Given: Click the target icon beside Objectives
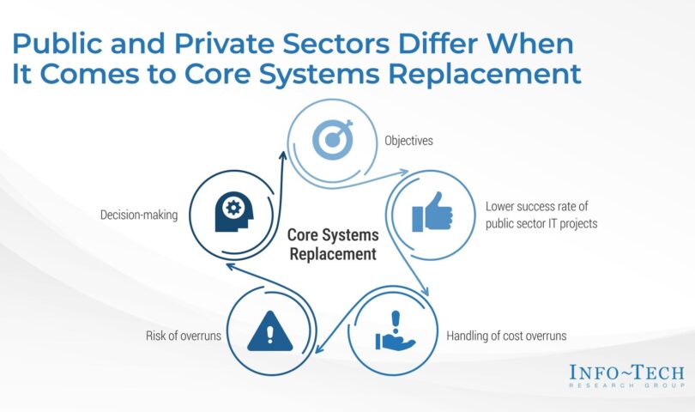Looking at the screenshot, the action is pos(332,139).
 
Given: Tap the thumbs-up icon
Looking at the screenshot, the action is pos(432,212).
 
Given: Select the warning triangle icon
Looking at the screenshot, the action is pos(270,330).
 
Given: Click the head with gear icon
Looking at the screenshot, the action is pos(234,211).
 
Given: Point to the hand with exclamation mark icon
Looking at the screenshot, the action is pos(395,330).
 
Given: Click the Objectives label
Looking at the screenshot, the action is pos(408,141).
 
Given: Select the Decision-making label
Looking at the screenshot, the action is pos(139,215).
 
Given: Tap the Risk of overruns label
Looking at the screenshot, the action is pos(184,336).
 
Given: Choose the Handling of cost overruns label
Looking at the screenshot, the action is pos(506,336).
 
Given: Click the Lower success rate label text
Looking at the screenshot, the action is pos(541,215).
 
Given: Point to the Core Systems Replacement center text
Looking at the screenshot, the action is pos(333,245).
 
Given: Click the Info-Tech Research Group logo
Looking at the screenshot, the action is pos(626,376).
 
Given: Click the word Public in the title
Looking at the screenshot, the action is pos(57,44).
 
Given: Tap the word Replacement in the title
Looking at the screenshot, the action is pos(485,74).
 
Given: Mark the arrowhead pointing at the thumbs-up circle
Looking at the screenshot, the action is pos(402,172).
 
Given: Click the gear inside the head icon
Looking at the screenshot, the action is pos(233,207).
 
